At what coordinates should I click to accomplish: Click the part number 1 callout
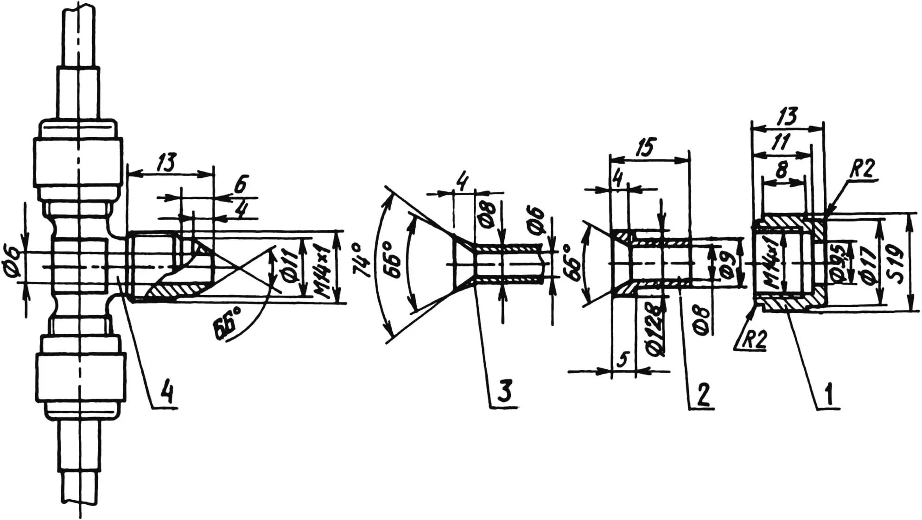(829, 394)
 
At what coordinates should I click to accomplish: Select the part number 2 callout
(703, 395)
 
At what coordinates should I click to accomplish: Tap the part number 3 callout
(505, 391)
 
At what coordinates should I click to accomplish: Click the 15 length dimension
(645, 147)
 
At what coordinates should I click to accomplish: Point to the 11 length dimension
(781, 141)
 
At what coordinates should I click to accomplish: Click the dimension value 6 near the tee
(240, 184)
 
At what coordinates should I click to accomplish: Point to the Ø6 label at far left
(13, 268)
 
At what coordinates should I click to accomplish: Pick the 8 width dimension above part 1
(782, 171)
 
